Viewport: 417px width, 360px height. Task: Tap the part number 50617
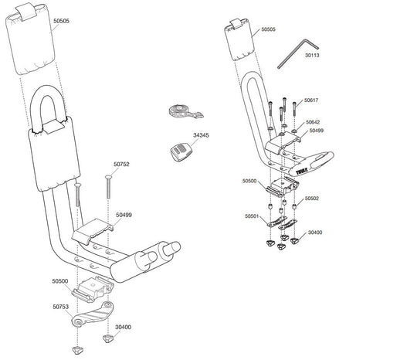(312, 100)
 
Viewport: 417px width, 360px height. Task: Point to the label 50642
(313, 121)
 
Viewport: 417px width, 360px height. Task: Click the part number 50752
(122, 164)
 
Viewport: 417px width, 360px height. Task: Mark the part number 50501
(252, 216)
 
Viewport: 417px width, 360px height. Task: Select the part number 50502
(312, 198)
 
